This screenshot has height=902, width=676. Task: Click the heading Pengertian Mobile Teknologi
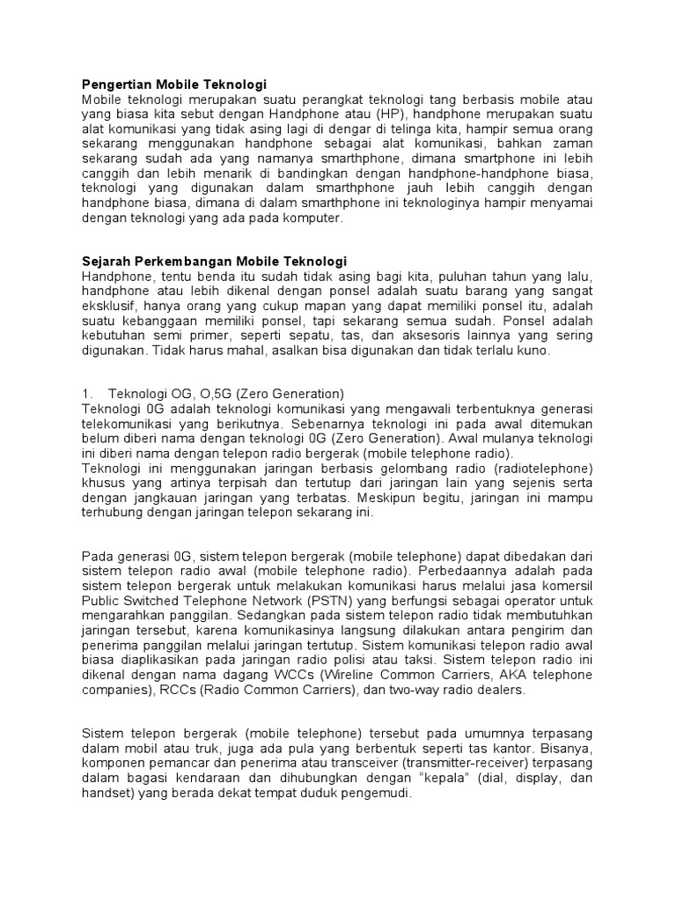[173, 85]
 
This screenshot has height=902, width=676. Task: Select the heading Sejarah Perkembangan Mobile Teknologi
[214, 262]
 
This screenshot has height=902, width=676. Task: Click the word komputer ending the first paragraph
[311, 219]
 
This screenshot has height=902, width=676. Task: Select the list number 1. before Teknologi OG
[86, 394]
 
